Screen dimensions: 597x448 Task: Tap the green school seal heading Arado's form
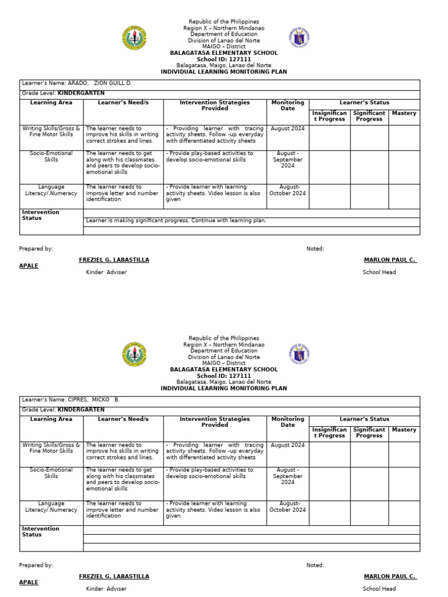[x=134, y=38]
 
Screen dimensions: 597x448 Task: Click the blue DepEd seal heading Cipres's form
[x=299, y=354]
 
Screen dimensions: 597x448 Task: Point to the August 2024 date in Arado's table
[x=288, y=128]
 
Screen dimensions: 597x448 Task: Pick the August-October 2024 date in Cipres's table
[x=288, y=507]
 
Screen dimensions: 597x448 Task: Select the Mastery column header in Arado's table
[x=404, y=113]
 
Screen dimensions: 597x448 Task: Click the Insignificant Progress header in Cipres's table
[x=330, y=433]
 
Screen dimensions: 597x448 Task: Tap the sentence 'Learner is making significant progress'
[x=176, y=221]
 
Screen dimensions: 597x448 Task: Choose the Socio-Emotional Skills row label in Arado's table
[x=51, y=156]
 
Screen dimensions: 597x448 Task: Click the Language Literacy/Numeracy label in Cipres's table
[x=51, y=507]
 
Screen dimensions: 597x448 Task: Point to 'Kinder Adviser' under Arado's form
[x=106, y=272]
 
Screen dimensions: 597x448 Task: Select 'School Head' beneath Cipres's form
[x=379, y=589]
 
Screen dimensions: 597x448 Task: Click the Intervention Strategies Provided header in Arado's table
[x=215, y=106]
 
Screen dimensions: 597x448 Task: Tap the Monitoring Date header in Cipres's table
[x=288, y=422]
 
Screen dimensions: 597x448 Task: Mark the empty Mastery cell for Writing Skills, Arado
[x=404, y=137]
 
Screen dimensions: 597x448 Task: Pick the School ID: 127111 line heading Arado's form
[x=223, y=59]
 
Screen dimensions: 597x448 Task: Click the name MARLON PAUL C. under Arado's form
[x=390, y=260]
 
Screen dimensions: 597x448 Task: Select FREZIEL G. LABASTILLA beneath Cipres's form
[x=114, y=577]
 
